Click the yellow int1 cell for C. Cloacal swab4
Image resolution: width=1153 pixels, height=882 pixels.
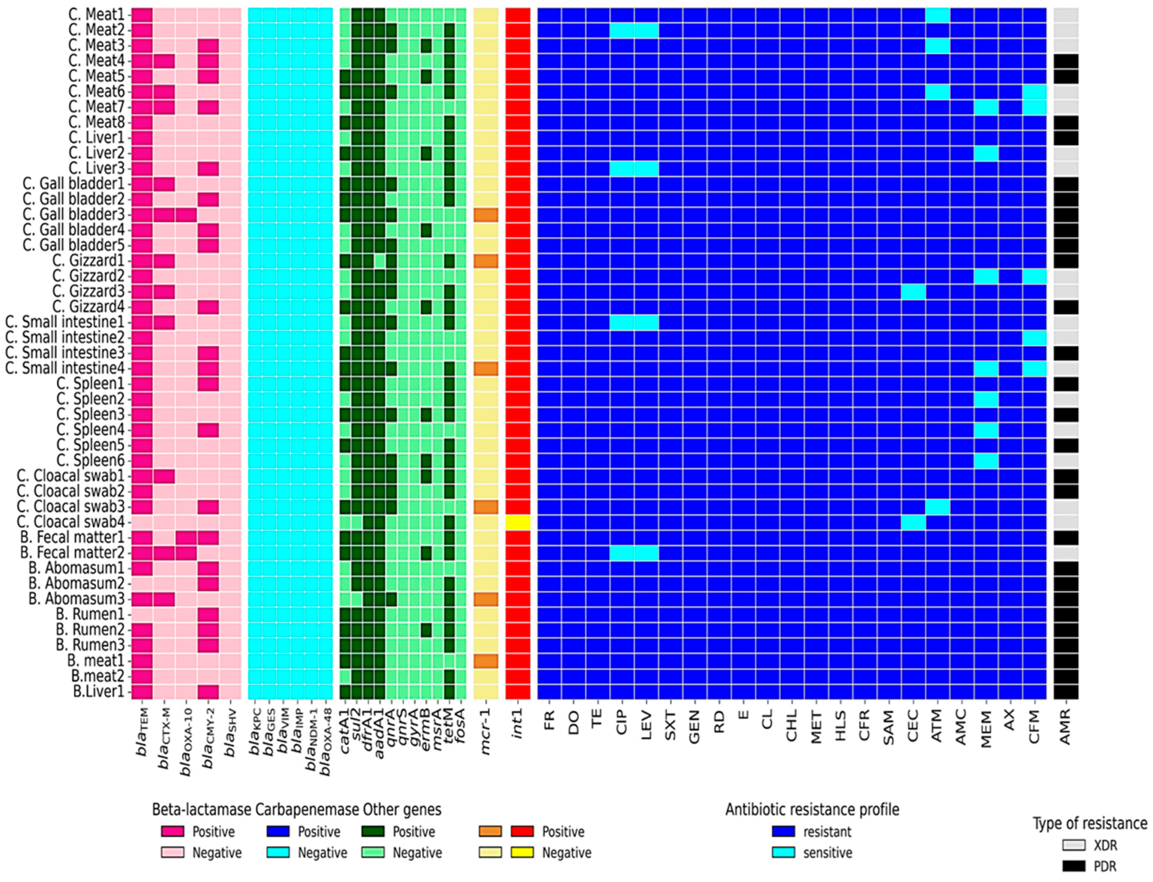tap(517, 522)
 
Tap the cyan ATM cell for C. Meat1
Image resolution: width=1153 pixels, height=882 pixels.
tap(937, 15)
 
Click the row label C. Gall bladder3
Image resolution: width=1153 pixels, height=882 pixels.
tap(73, 214)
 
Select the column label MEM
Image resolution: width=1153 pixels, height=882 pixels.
tap(986, 729)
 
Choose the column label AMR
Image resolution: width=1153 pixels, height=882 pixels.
tap(1065, 727)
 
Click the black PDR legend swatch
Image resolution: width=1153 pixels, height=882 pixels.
tap(1073, 866)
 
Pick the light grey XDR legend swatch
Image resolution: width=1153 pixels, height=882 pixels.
tap(1073, 845)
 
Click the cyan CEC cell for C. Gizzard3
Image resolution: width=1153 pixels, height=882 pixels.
tap(913, 291)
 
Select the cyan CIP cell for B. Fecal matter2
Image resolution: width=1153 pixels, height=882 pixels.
tap(622, 553)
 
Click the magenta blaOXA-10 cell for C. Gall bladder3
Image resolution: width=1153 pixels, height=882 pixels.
tap(186, 214)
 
